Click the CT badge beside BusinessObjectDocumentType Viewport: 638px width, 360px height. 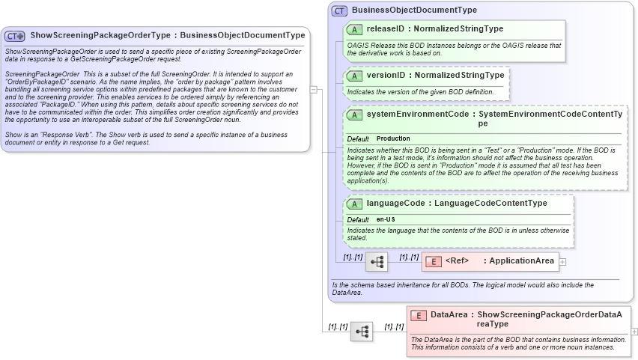pos(340,10)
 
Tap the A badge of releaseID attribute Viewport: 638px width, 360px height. pos(355,29)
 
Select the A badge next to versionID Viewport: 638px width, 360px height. pos(355,76)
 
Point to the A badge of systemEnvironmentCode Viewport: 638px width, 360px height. pos(355,115)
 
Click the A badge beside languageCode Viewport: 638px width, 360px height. pos(355,204)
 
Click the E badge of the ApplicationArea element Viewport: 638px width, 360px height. pos(433,261)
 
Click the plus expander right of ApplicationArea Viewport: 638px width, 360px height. pos(563,262)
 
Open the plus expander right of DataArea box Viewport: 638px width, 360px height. pos(634,332)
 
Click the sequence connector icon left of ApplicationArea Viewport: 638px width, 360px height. pos(376,262)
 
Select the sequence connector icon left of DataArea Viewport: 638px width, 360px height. pos(362,332)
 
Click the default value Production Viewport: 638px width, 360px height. pos(393,139)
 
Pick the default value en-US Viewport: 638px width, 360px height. pos(386,219)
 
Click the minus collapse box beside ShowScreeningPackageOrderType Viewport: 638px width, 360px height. pos(315,90)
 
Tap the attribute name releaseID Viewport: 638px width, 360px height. pos(386,29)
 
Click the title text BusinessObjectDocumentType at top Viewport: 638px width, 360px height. pos(414,10)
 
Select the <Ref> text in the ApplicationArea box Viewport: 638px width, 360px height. pos(457,261)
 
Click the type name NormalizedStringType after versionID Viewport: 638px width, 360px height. pos(460,76)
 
